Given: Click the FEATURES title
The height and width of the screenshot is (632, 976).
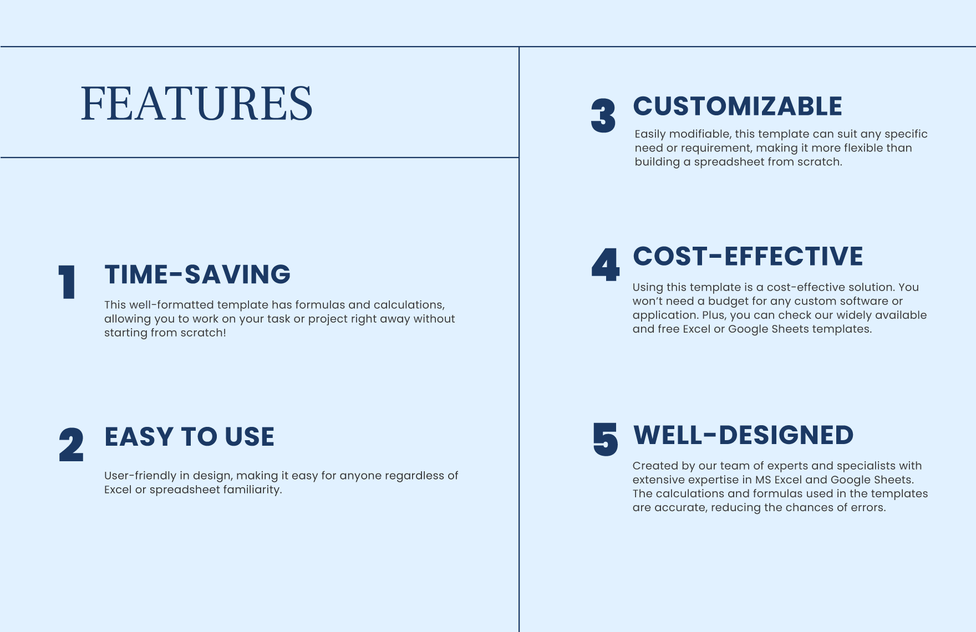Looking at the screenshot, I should pos(196,103).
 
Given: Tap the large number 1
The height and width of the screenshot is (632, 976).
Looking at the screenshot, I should pos(67,283).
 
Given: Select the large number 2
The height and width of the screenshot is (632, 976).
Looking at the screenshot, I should pos(71,445).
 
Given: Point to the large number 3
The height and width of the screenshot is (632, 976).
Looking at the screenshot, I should pos(603,116).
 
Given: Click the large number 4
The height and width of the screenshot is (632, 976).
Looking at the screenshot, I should pos(605,265).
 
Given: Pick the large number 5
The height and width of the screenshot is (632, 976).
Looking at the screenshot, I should pos(605,440).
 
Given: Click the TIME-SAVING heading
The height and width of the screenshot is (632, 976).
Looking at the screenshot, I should pos(197,274).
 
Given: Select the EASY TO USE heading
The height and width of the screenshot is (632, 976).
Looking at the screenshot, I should pos(189,437).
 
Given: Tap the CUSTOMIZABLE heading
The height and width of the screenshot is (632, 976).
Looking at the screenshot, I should pos(738,106).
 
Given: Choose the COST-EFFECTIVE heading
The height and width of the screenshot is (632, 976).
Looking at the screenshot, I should pos(748,256).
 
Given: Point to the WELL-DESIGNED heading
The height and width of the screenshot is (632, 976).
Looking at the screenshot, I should pos(743,435).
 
